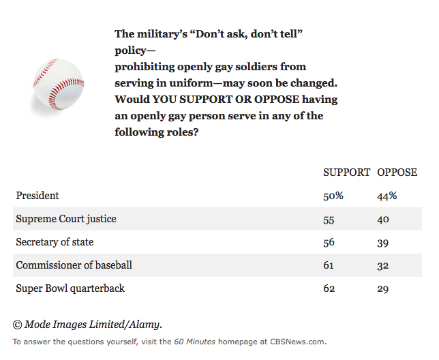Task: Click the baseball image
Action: [x=59, y=84]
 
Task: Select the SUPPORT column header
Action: [x=346, y=172]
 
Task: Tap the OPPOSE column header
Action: [x=397, y=172]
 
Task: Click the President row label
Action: [x=37, y=196]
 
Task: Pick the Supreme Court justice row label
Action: [x=66, y=219]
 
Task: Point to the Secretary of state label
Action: [x=55, y=242]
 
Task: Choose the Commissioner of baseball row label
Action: [x=74, y=265]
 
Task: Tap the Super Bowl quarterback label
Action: [x=70, y=288]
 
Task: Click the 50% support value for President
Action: [x=333, y=196]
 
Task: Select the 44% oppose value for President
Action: [x=387, y=196]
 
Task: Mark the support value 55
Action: [x=329, y=220]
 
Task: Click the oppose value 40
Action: [x=383, y=220]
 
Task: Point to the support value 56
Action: [x=329, y=243]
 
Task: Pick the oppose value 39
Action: [x=382, y=243]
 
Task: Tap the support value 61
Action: [x=329, y=265]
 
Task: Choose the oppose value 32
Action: [x=382, y=266]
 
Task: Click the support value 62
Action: [x=329, y=288]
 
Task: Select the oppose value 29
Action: [x=382, y=289]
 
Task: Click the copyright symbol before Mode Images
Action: [x=17, y=325]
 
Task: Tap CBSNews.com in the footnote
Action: [x=298, y=342]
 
